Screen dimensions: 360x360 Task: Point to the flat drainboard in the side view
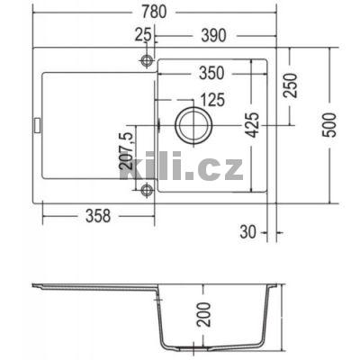90,288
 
